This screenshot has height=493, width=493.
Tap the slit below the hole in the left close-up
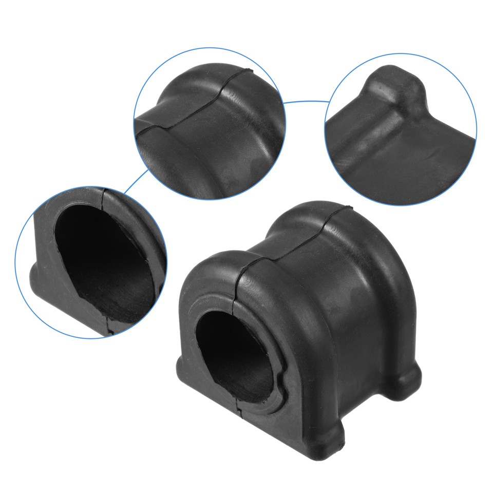(109, 327)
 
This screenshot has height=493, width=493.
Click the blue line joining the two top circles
(306, 102)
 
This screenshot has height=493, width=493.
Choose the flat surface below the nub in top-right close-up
(406, 164)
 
